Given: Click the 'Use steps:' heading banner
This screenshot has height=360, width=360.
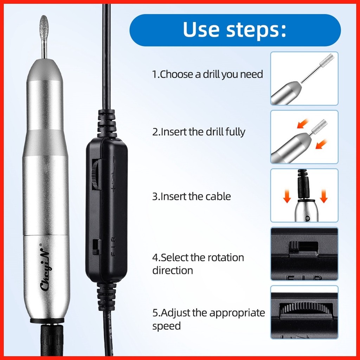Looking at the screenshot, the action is [235, 30].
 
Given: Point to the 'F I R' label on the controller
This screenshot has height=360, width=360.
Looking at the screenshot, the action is [113, 247].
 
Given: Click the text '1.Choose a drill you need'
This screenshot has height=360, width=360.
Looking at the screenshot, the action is [207, 75].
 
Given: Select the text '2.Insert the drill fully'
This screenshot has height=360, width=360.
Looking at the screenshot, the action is [199, 132].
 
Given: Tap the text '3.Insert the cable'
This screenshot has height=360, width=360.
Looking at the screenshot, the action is [192, 197].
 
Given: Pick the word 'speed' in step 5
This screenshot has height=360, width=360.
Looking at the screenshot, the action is [166, 326].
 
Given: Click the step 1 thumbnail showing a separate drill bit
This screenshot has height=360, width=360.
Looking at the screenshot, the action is [304, 78].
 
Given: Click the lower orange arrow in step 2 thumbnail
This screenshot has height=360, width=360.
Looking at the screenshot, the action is [321, 144].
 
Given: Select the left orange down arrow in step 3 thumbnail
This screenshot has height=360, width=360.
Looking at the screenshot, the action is [287, 196].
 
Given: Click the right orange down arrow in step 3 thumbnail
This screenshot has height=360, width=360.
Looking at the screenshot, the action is [323, 196].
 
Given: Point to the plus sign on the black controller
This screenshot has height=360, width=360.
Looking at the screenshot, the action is [113, 189].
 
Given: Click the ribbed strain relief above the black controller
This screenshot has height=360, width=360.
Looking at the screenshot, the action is [106, 123].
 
